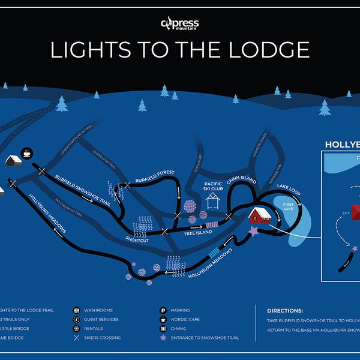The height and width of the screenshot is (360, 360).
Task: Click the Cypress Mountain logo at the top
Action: pyautogui.click(x=179, y=24)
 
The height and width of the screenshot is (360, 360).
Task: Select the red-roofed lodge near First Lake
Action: pyautogui.click(x=260, y=214)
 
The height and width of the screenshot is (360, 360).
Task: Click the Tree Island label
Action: pyautogui.click(x=198, y=232)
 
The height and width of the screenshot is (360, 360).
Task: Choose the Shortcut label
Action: pyautogui.click(x=137, y=239)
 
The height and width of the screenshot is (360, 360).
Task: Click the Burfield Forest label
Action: pyautogui.click(x=155, y=173)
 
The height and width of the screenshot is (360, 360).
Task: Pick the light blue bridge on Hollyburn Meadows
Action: pyautogui.click(x=215, y=253)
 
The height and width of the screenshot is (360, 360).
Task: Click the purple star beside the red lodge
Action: pyautogui.click(x=253, y=230)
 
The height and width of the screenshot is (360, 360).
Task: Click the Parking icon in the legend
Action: pyautogui.click(x=163, y=310)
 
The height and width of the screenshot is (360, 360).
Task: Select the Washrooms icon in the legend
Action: pyautogui.click(x=77, y=310)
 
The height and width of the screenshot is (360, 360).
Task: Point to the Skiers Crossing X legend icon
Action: pyautogui.click(x=77, y=338)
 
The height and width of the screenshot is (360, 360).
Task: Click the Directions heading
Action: pyautogui.click(x=285, y=311)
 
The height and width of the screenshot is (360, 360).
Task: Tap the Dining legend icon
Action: pyautogui.click(x=163, y=329)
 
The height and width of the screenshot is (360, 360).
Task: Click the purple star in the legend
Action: pyautogui.click(x=163, y=338)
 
